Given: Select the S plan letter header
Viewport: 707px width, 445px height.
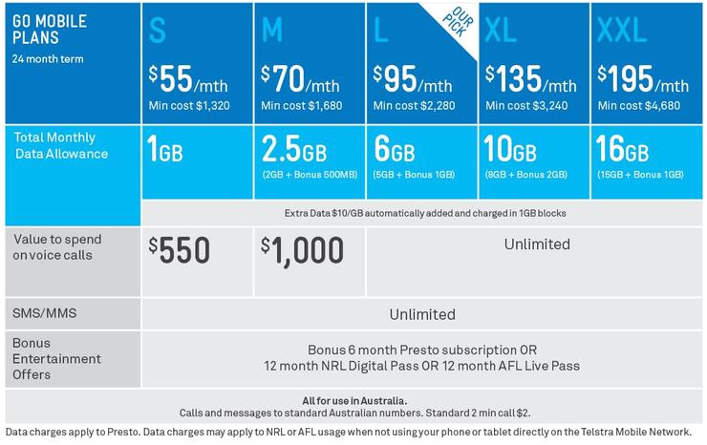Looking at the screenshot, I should click(x=158, y=31).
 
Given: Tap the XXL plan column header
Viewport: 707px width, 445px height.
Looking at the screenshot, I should click(x=622, y=31).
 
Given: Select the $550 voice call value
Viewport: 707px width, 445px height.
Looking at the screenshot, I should click(x=180, y=250).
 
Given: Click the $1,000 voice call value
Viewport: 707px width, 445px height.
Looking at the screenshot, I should click(x=302, y=250).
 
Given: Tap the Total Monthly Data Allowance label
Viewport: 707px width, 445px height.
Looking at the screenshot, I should click(x=61, y=145).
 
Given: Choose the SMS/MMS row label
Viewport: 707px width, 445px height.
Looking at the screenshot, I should click(x=44, y=313).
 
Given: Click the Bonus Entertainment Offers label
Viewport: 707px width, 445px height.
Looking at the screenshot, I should click(x=56, y=359).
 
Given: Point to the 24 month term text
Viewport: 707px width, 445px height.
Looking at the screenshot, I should click(x=48, y=58).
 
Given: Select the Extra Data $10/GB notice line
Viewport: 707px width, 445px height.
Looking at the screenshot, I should click(x=424, y=213).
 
